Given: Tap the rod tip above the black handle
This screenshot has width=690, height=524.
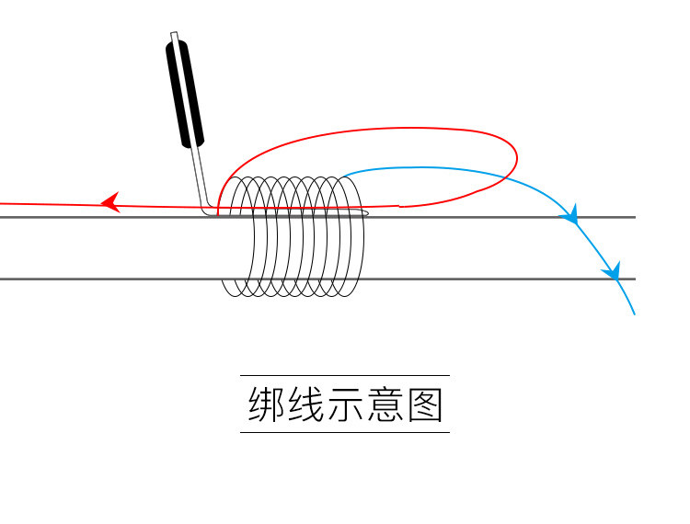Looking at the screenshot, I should coord(173,36).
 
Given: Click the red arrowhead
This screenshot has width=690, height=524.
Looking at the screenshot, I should coord(110,202).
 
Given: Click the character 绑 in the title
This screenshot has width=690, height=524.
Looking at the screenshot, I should coord(266,404).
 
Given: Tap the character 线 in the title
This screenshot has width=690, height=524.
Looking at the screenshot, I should coord(305,404).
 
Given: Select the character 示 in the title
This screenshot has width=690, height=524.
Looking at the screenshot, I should coord(345,404).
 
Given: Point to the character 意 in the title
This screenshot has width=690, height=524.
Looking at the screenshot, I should coord(385,404).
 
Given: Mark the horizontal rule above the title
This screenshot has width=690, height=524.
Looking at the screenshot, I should coord(345,375).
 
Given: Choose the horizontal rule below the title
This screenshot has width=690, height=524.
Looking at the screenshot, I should coord(345,432).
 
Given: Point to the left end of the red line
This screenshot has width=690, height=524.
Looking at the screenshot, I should coord(2,202).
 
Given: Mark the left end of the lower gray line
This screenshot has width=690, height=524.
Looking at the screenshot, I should coord(2,278).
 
